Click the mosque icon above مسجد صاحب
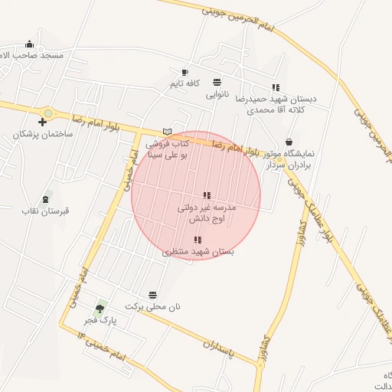tap(29, 44)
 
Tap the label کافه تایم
tap(185, 83)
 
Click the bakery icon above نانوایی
tap(217, 83)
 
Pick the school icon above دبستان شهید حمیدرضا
tap(276, 87)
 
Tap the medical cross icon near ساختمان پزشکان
tap(42, 122)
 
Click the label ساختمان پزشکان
tap(42, 134)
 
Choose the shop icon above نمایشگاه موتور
tap(289, 142)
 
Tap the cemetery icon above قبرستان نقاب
tap(46, 198)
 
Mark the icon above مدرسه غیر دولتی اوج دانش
tap(207, 195)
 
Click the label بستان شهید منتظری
tap(198, 251)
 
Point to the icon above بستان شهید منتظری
tap(198, 240)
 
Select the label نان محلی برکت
tap(153, 306)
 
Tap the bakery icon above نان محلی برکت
tap(153, 295)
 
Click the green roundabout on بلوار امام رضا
tap(48, 113)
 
